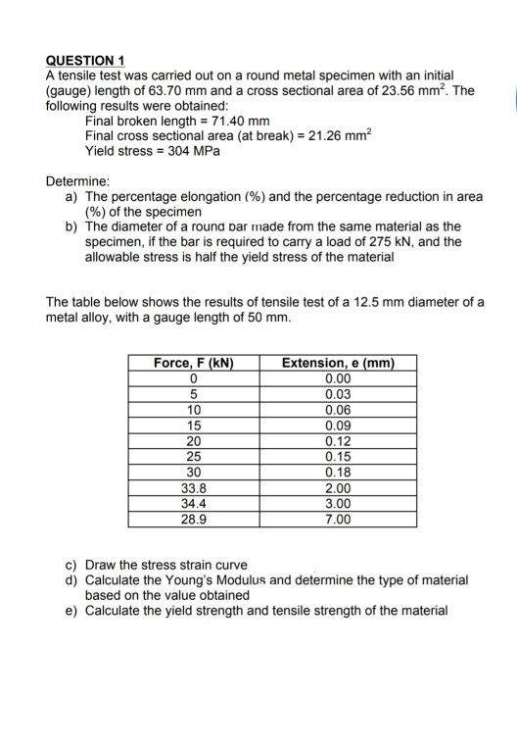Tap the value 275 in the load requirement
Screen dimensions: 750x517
tap(378, 242)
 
